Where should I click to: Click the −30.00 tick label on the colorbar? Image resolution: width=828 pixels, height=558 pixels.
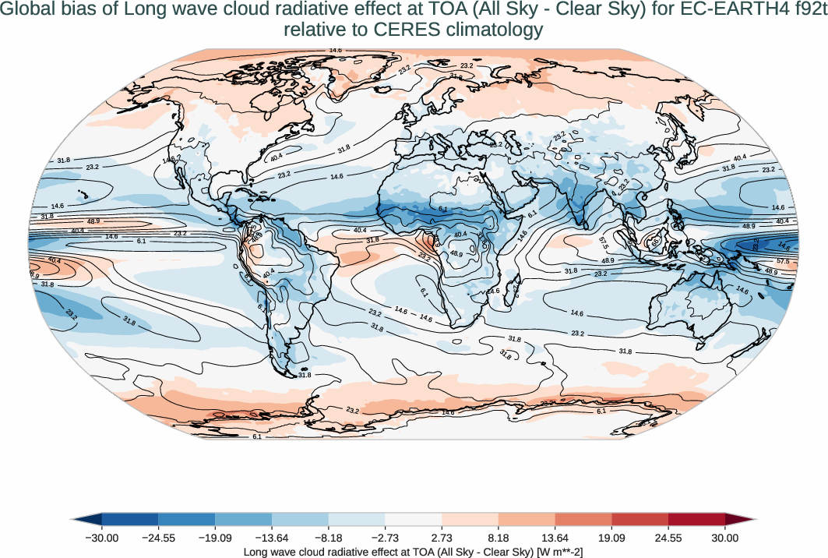[101, 538]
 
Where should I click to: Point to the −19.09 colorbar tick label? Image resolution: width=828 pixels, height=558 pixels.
[215, 538]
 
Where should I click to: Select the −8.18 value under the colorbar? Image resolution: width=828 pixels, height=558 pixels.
[329, 538]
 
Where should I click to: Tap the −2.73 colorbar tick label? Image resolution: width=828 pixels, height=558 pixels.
[386, 538]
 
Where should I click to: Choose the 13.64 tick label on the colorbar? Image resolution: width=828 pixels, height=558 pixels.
[555, 538]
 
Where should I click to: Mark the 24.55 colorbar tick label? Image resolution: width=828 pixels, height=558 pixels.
[668, 538]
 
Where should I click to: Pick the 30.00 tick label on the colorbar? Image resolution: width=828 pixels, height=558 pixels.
[725, 538]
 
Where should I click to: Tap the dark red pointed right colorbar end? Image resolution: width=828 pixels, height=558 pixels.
[740, 519]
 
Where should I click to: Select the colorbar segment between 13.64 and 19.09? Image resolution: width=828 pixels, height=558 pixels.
[583, 519]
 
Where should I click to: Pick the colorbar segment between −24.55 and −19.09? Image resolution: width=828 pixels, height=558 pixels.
[186, 519]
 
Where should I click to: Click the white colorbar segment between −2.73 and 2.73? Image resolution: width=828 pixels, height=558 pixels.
[414, 519]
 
